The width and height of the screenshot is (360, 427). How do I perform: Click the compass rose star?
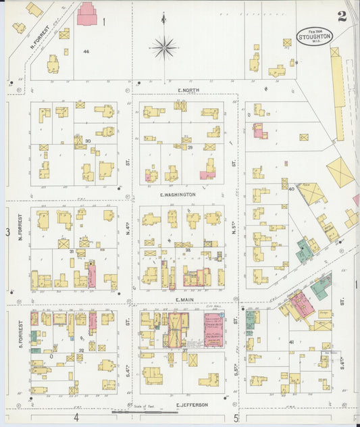coord(163,47)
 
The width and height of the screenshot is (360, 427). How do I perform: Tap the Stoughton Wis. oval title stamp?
coord(314,35)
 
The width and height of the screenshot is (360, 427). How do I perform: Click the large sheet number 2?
coord(342,16)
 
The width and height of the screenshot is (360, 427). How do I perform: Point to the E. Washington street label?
coord(178,194)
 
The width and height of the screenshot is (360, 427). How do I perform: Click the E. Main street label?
coord(184,299)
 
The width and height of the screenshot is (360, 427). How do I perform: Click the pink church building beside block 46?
coord(86,14)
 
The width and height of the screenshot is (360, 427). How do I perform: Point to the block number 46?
coord(86,51)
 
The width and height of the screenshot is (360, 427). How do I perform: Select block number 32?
coord(80,350)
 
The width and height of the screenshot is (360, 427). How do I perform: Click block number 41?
coord(292,343)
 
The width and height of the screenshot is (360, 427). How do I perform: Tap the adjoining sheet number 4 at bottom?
coord(76,418)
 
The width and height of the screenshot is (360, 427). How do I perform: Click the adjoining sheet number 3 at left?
coord(7,232)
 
